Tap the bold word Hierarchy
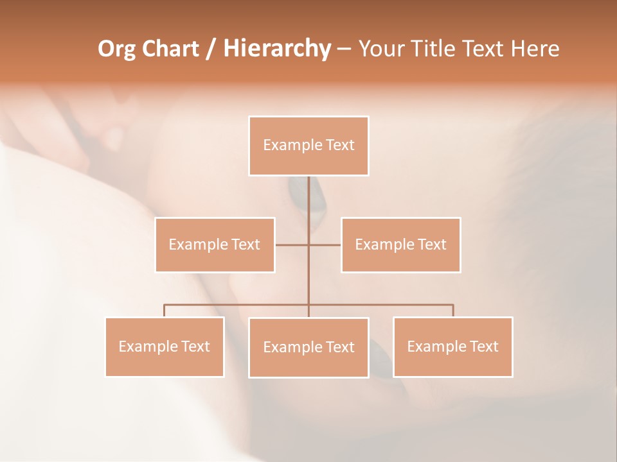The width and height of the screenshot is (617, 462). point(277,49)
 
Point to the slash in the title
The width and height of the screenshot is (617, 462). point(210,49)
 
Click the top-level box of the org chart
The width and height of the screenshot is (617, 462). point(308,146)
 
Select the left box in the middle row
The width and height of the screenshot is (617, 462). point(215,244)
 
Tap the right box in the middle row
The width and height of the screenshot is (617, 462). point(401,244)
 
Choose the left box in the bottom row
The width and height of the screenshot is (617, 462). point(165,346)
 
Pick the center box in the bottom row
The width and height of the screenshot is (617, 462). point(308,347)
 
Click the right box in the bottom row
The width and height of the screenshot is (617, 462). point(453,346)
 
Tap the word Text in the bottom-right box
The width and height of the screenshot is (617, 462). point(483,346)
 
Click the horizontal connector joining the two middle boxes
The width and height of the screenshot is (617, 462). point(325,244)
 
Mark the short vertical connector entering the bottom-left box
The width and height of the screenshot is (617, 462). point(165,311)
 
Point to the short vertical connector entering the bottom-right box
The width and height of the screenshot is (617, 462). point(453,311)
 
